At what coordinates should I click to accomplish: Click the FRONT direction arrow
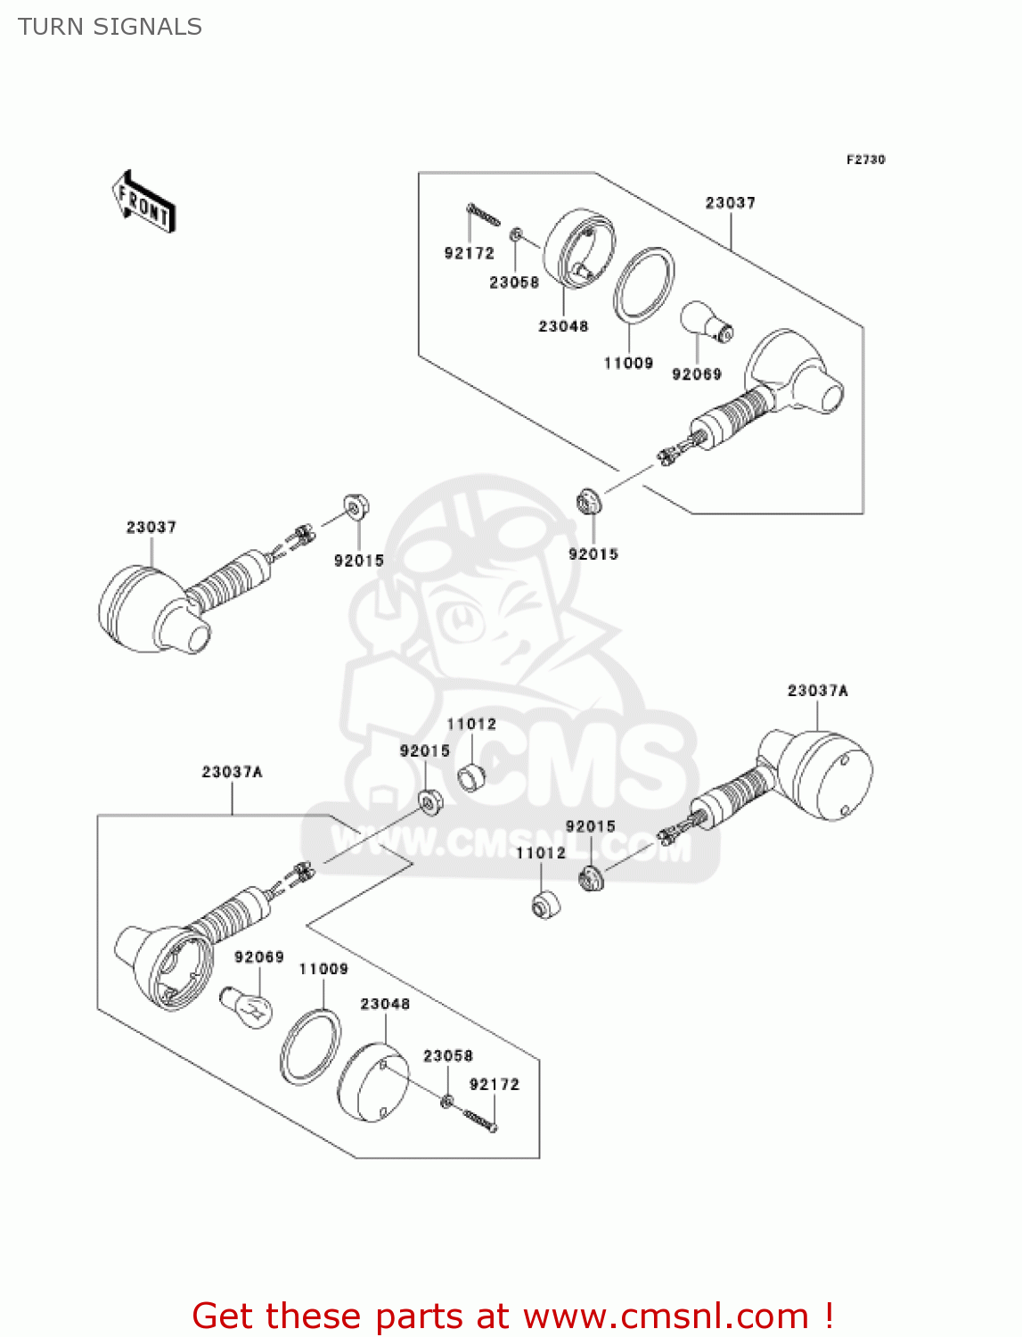click(143, 201)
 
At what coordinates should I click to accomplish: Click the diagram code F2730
click(865, 160)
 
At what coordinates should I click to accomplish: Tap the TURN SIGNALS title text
click(110, 27)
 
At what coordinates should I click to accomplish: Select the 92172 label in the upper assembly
click(469, 253)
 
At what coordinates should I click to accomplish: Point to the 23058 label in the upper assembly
click(514, 282)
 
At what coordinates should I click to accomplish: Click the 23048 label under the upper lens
click(563, 326)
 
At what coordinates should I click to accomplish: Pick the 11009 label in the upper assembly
click(628, 363)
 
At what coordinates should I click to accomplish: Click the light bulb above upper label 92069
click(706, 321)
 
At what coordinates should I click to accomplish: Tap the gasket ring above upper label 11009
click(642, 285)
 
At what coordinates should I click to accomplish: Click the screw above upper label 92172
click(483, 215)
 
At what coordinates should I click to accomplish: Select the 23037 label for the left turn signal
click(151, 527)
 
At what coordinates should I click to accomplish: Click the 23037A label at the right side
click(817, 690)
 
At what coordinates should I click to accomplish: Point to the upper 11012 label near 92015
click(471, 724)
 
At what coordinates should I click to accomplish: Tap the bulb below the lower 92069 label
click(246, 1008)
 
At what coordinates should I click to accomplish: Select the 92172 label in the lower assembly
click(495, 1084)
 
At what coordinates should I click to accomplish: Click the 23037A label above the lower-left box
click(232, 772)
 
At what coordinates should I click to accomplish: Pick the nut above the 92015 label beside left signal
click(356, 506)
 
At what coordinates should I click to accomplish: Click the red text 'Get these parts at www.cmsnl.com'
click(512, 1315)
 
